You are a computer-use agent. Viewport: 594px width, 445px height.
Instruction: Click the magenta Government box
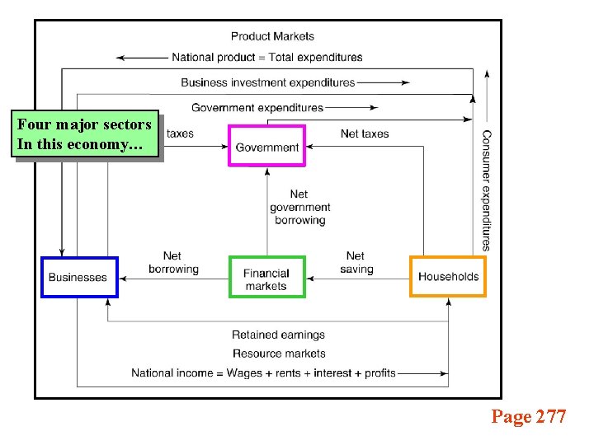point(266,147)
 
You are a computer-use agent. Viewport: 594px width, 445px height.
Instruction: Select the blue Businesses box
point(79,277)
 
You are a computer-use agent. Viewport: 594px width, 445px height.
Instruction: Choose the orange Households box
point(448,277)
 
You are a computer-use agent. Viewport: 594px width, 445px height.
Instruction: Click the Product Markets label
point(272,36)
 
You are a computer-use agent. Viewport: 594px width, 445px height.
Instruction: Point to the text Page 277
point(528,417)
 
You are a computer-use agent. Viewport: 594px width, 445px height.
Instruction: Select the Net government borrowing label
point(299,208)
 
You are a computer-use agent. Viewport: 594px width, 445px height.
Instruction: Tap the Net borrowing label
point(173,263)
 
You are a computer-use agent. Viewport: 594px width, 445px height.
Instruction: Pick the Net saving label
point(356,263)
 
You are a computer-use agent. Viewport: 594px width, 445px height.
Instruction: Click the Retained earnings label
point(278,335)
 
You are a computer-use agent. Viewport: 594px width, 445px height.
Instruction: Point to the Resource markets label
point(278,354)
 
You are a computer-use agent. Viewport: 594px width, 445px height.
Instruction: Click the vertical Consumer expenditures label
point(487,190)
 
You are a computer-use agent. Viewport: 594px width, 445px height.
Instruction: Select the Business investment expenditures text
point(267,82)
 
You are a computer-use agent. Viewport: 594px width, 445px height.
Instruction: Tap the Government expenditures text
point(257,108)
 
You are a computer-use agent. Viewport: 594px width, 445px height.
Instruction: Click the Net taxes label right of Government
point(365,133)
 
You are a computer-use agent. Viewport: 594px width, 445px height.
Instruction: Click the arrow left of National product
point(142,58)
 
